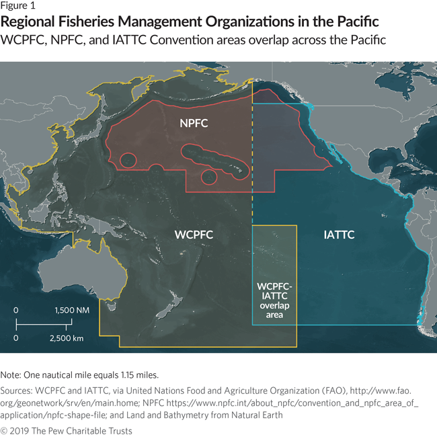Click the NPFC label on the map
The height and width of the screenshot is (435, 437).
point(194,124)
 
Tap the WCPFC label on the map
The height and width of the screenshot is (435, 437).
point(194,235)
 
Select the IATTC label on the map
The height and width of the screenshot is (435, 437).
point(339,235)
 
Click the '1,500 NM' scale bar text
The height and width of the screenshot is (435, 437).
point(71,311)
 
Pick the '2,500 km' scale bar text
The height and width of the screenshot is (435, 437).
point(66,338)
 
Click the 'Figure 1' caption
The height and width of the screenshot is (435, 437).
point(18,7)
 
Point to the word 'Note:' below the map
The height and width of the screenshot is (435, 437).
point(12,374)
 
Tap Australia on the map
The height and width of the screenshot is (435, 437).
point(65,276)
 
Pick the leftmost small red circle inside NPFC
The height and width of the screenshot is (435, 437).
point(128,161)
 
